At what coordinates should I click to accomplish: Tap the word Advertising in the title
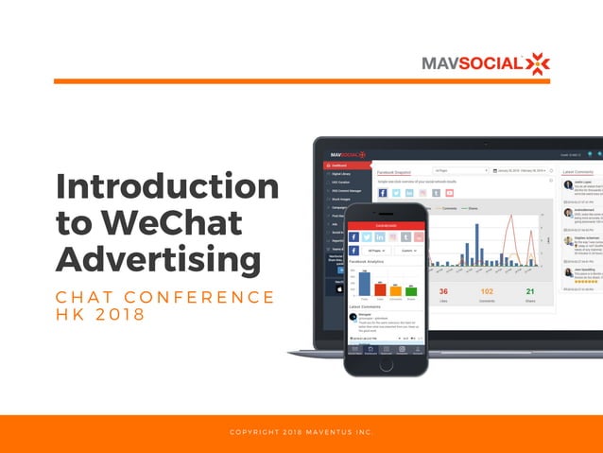[x=158, y=259]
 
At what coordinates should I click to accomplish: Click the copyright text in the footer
[x=301, y=433]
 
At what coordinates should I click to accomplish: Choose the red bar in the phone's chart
[x=379, y=287]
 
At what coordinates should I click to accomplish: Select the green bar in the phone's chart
[x=410, y=289]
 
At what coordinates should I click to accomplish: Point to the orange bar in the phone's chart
[x=395, y=287]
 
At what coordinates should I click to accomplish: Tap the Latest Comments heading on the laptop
[x=578, y=172]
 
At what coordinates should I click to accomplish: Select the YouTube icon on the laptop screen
[x=450, y=193]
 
